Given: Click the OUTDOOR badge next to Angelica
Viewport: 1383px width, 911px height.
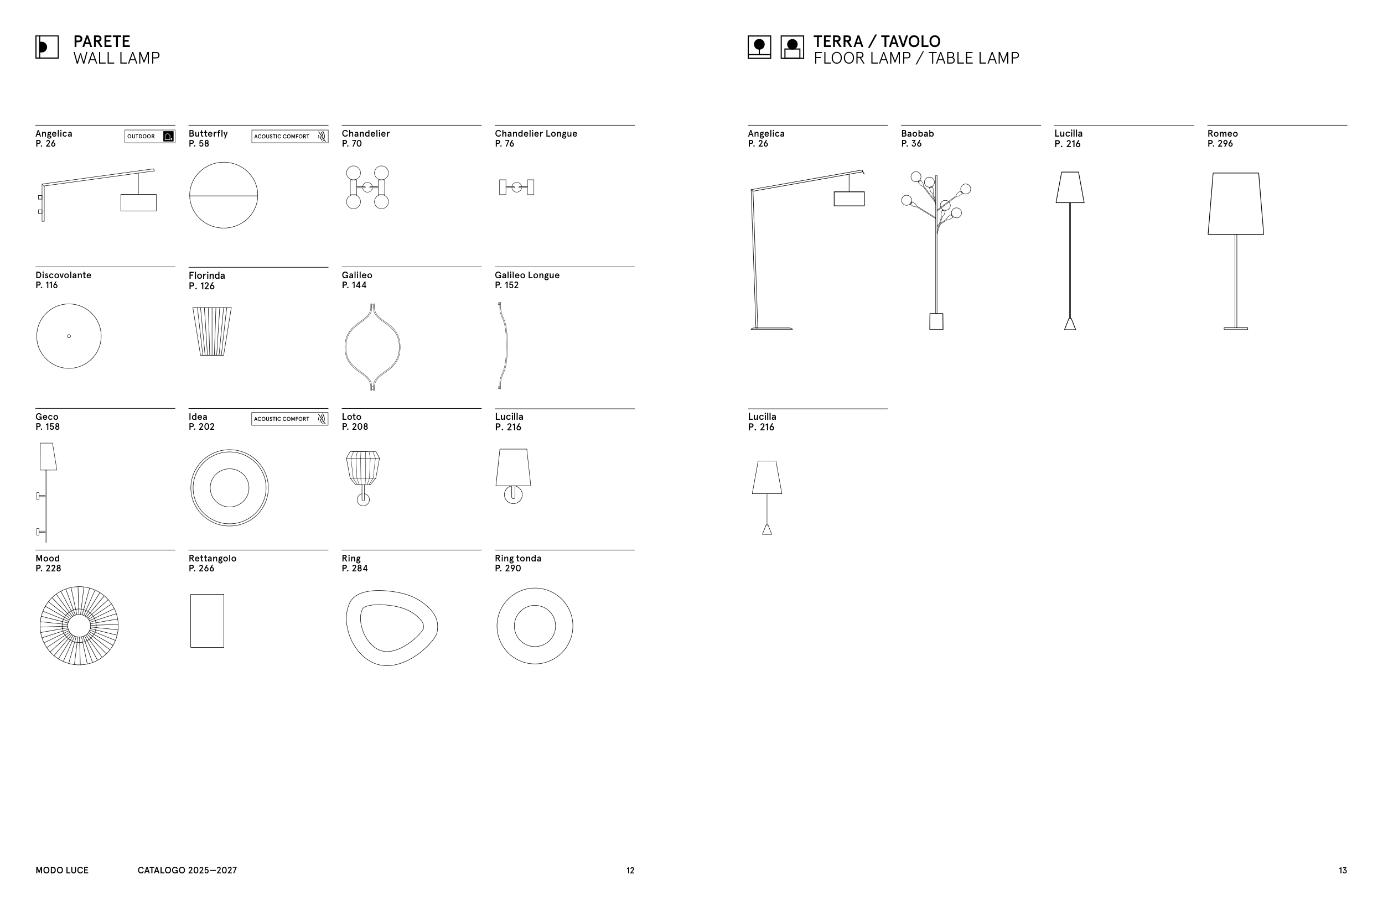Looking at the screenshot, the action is pos(149,137).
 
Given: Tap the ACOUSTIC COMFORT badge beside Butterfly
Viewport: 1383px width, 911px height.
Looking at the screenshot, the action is pos(289,137).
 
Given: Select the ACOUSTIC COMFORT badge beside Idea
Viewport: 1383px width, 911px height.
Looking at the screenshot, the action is pos(289,419).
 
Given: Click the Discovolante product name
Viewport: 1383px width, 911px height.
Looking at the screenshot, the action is pos(63,275).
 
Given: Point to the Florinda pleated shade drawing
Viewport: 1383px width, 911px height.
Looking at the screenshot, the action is pos(211,331).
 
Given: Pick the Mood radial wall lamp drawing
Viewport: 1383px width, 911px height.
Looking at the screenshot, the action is pos(79,626).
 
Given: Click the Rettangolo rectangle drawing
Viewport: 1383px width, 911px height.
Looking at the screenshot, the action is pos(207,621).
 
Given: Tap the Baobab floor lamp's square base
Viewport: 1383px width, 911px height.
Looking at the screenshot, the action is pos(936,321).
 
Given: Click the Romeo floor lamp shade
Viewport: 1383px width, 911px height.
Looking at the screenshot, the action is pos(1235,204).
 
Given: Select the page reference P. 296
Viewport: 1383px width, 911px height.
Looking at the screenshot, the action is pos(1220,143).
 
